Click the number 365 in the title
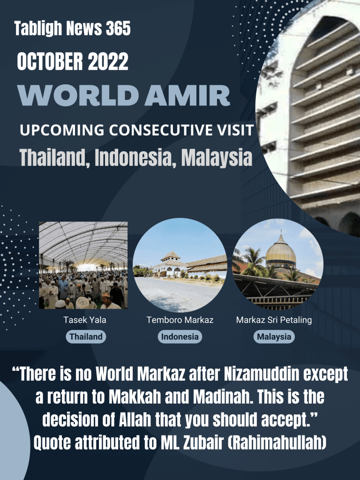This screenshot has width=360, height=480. pos(118,29)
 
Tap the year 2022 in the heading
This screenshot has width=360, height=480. pos(108,61)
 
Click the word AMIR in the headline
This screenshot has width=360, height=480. pos(187,95)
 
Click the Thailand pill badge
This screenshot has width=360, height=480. pos(86,337)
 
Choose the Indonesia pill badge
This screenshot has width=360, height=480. pos(180,337)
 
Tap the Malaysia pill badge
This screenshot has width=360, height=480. pos(274,337)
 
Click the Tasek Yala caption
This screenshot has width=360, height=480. pos(85,320)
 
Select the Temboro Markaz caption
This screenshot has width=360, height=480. pos(180,320)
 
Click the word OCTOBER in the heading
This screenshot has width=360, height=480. pos(50,61)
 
